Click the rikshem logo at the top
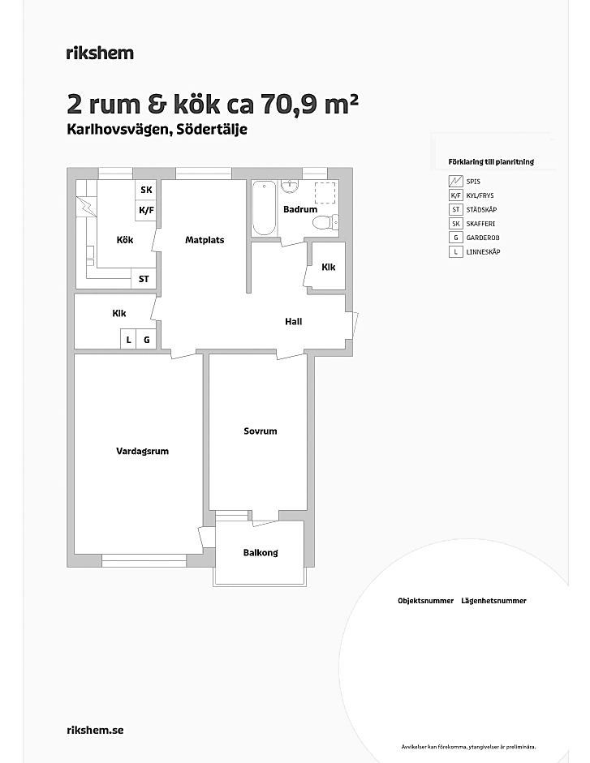(100, 53)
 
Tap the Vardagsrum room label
(142, 451)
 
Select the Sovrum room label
(261, 431)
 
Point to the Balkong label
(261, 553)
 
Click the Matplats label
(205, 240)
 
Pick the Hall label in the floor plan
(293, 322)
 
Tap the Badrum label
(300, 209)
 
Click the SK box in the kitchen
(146, 190)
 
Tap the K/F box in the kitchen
(146, 210)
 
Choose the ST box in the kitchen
(144, 279)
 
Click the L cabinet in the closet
(128, 340)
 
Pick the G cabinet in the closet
(146, 340)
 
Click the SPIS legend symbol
(455, 182)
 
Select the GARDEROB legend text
(483, 238)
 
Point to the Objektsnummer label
(426, 601)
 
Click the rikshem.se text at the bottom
(95, 730)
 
